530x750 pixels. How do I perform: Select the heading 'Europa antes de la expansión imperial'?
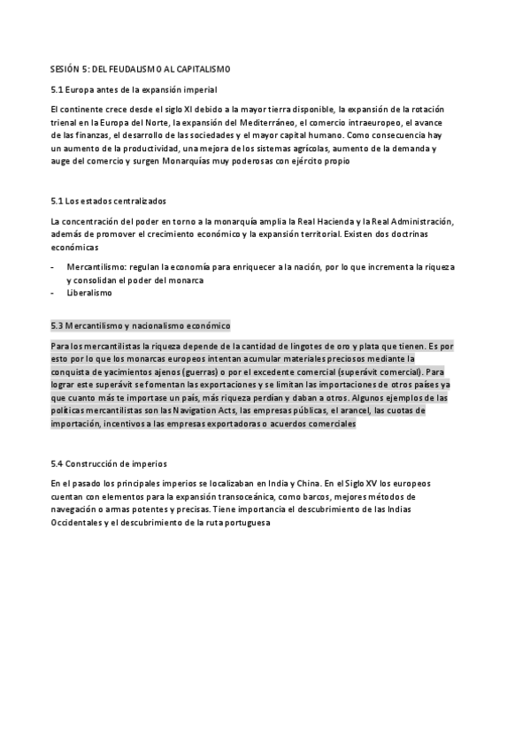[x=141, y=90]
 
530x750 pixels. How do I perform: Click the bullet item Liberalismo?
[x=89, y=293]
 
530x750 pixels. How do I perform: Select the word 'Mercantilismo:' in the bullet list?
[x=95, y=266]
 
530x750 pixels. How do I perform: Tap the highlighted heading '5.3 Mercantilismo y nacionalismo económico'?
[x=141, y=325]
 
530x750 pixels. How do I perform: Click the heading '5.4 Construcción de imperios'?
[x=109, y=463]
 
